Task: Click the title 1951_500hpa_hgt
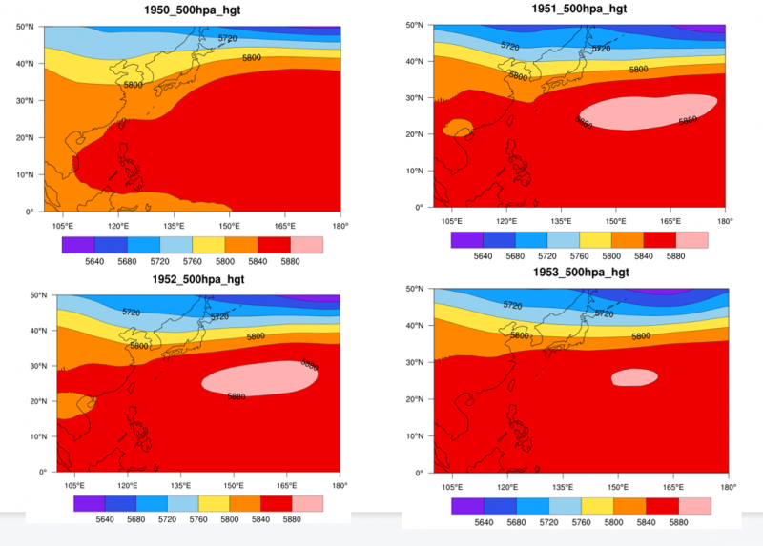coord(580,9)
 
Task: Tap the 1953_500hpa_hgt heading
coord(580,273)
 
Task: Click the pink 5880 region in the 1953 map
coord(634,377)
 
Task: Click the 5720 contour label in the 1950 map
coord(227,38)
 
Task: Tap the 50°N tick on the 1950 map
coord(30,26)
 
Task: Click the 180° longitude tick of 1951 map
coord(726,220)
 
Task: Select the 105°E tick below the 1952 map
coord(70,485)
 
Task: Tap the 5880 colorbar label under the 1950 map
coord(292,263)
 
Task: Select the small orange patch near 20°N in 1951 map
coord(459,127)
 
